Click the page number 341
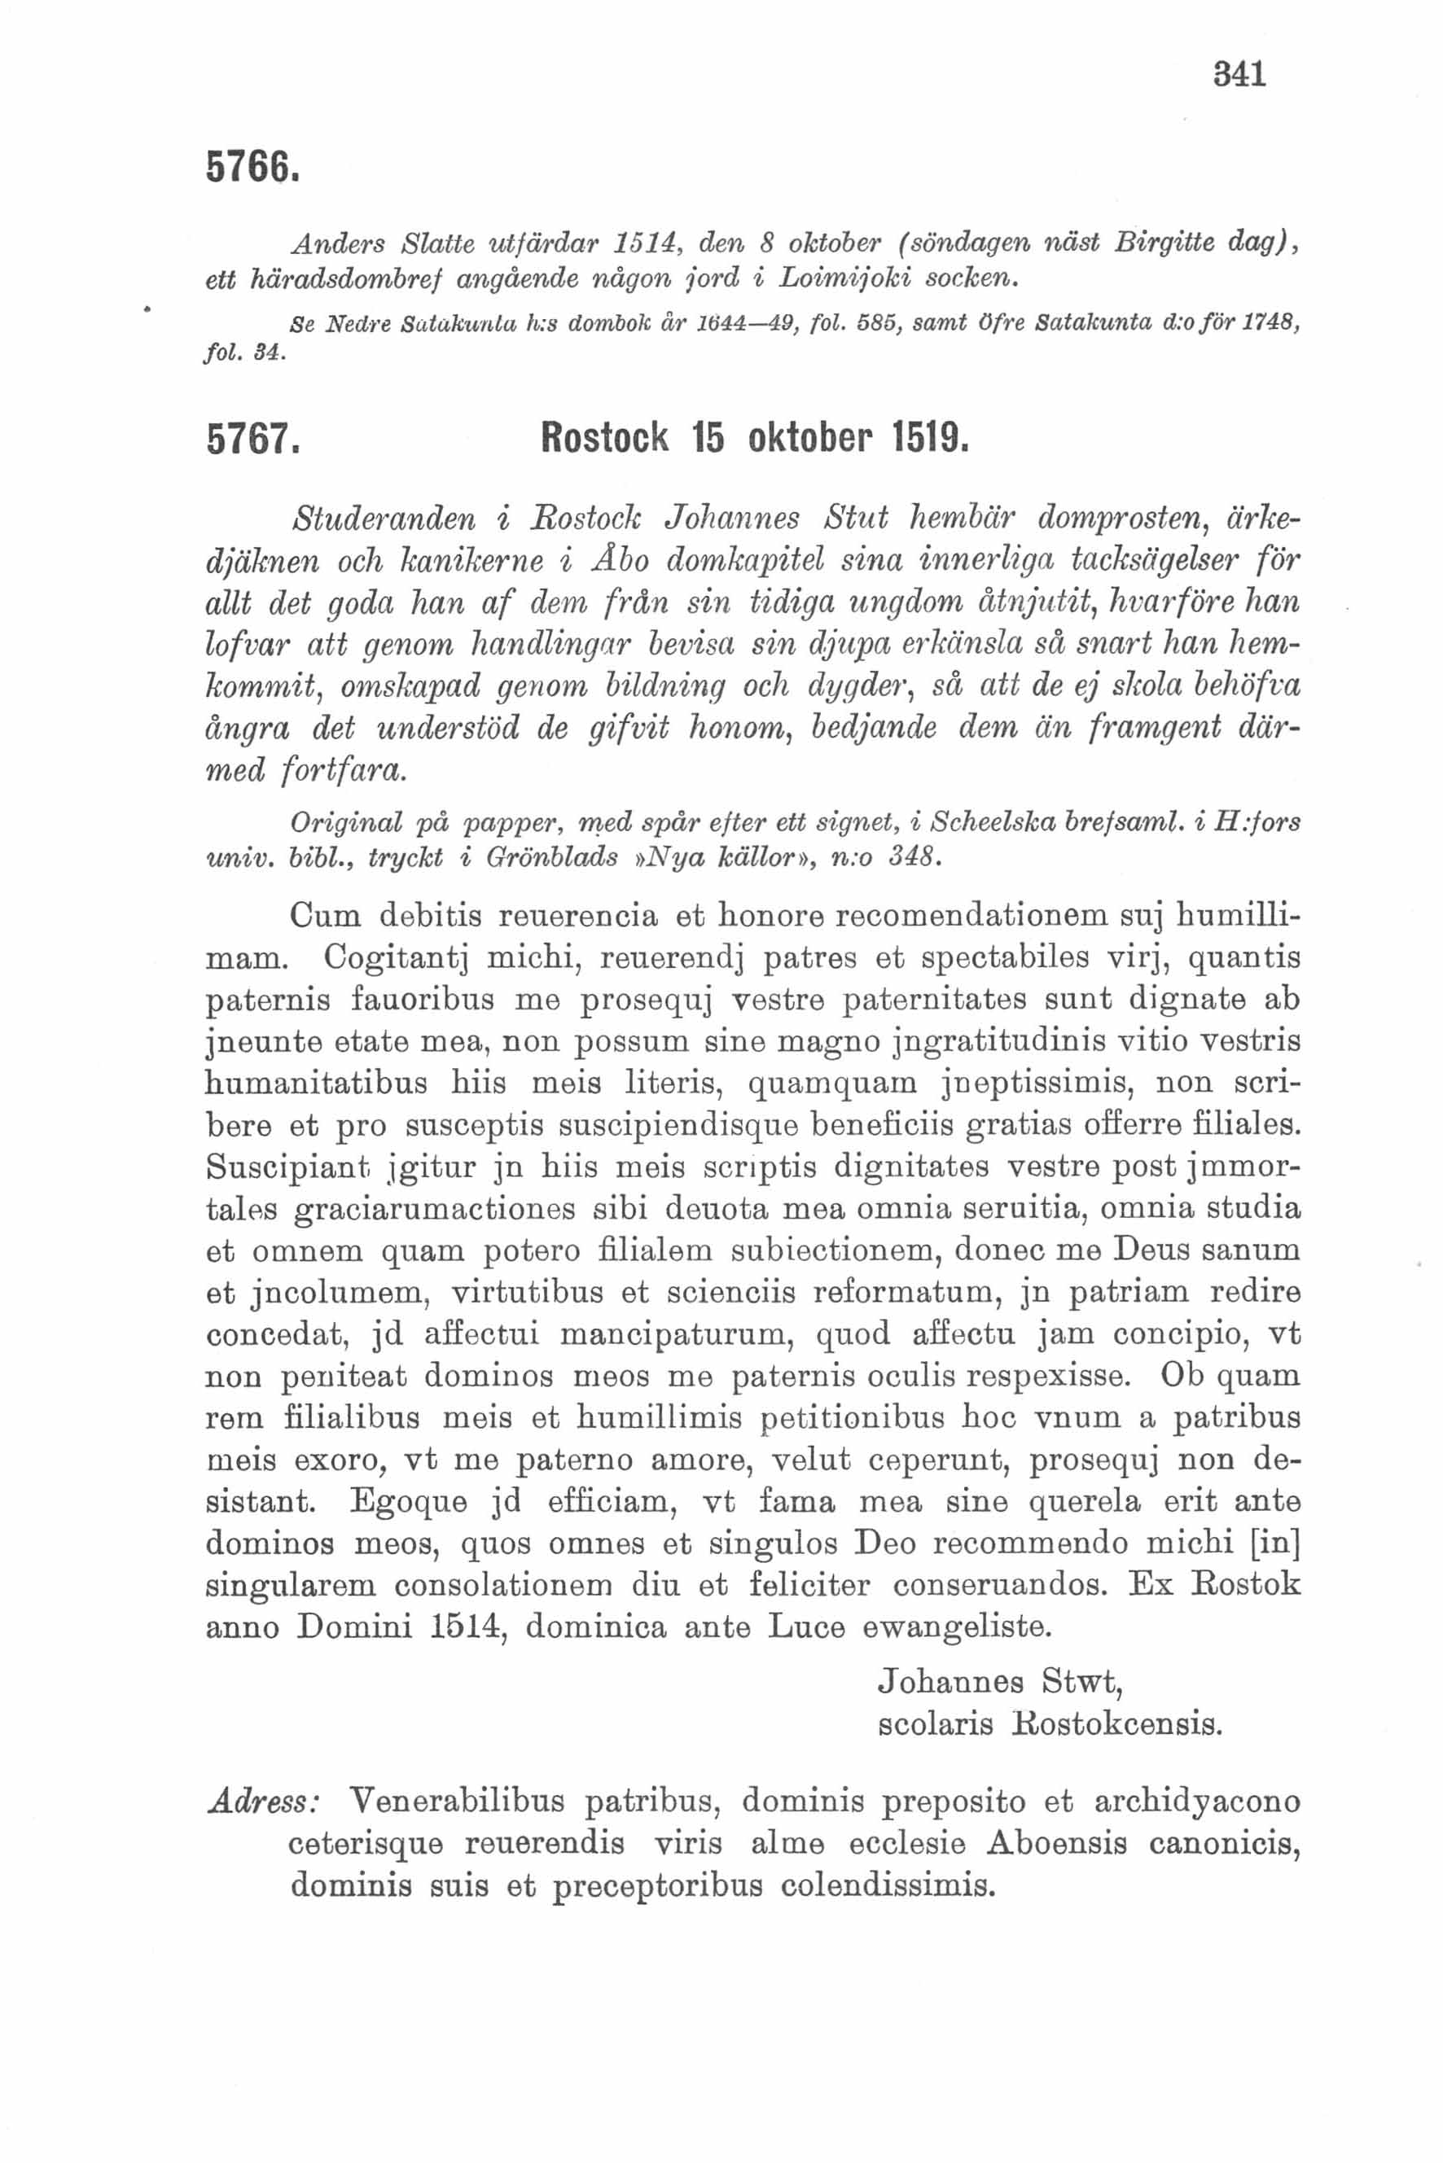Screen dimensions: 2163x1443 click(x=1239, y=73)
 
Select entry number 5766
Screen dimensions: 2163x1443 click(x=252, y=167)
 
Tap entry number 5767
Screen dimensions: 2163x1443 click(x=252, y=440)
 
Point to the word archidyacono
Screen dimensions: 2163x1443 click(x=1196, y=1801)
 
